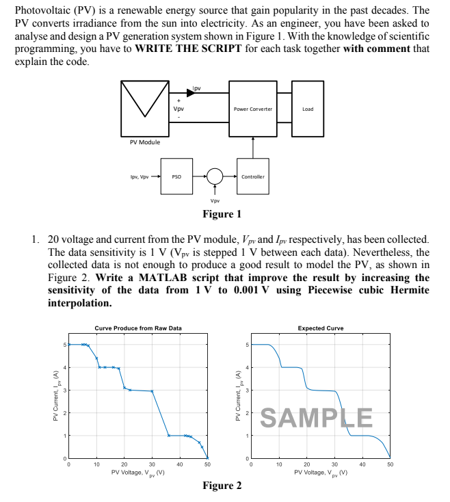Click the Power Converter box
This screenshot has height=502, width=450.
coord(252,109)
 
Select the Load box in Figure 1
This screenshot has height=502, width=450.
coord(308,109)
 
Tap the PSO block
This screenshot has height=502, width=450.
coord(176,176)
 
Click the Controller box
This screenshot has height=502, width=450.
coord(252,176)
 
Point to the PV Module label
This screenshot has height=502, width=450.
coord(144,142)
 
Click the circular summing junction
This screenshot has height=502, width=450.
coord(215,176)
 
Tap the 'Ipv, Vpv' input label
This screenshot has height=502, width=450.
coord(140,176)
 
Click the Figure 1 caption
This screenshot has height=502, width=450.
coord(222,214)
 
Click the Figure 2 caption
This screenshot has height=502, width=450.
coord(222,486)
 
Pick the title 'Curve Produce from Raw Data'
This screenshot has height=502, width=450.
coord(138,328)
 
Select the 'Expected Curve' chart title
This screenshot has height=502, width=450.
coord(321,328)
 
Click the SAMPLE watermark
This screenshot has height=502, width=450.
coord(317,417)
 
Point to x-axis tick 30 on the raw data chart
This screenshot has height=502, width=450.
coord(152,464)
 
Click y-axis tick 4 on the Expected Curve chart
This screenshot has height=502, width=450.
coord(246,367)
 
